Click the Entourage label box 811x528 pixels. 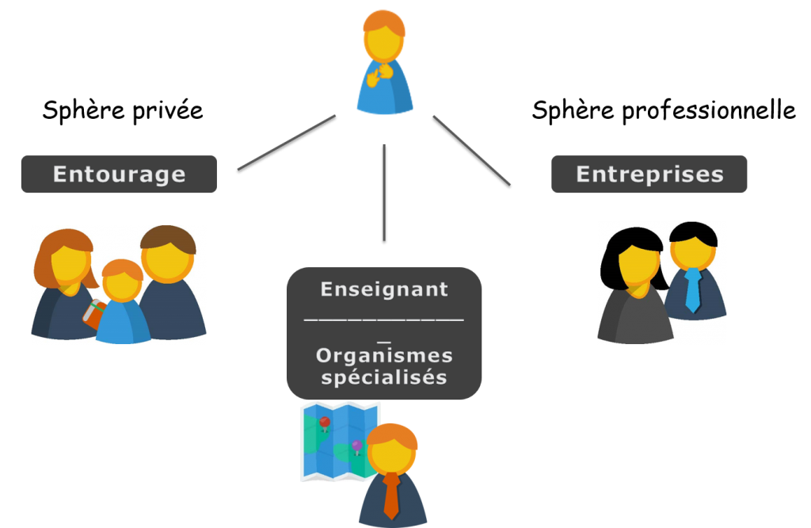[119, 174]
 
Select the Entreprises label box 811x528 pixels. [649, 174]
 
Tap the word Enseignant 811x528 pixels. [384, 289]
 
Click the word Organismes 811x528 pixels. [384, 355]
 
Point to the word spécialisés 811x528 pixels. [384, 377]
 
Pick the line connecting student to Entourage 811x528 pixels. [287, 142]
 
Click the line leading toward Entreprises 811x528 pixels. [471, 150]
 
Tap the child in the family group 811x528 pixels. [123, 305]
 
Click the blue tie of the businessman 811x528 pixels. [693, 289]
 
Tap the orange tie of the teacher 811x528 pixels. [391, 495]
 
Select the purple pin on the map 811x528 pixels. [356, 446]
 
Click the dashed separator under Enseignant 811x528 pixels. [384, 319]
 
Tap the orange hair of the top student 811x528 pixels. [384, 21]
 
